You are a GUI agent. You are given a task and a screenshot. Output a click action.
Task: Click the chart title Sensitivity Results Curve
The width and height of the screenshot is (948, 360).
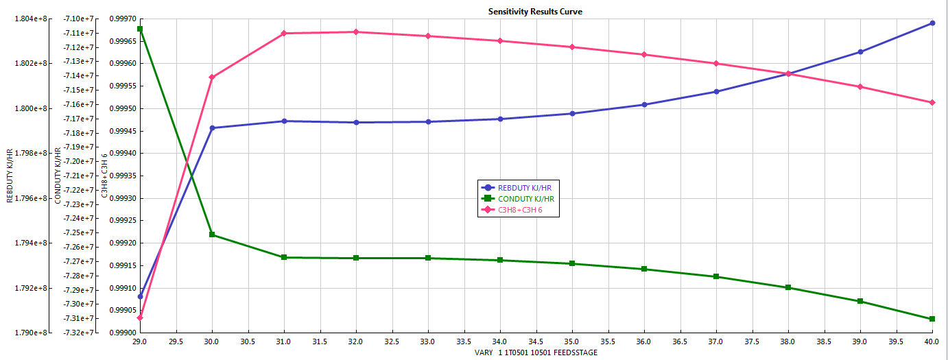535,12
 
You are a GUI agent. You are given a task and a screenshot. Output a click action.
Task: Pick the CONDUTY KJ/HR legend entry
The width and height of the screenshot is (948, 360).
525,199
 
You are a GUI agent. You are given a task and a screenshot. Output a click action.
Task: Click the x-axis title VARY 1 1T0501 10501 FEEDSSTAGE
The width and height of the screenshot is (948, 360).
536,352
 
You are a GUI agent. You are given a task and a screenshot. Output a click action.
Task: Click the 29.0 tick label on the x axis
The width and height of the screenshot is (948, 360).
140,341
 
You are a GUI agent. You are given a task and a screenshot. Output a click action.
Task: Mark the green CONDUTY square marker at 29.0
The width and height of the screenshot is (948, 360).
140,29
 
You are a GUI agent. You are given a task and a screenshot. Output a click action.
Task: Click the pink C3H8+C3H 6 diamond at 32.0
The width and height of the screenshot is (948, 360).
356,32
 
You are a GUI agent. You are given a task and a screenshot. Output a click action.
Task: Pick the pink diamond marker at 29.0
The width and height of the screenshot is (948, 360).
140,317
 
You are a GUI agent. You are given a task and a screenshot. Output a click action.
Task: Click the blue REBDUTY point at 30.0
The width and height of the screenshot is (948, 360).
212,128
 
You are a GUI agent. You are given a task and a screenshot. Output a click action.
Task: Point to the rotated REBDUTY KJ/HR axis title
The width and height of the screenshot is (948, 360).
9,176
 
